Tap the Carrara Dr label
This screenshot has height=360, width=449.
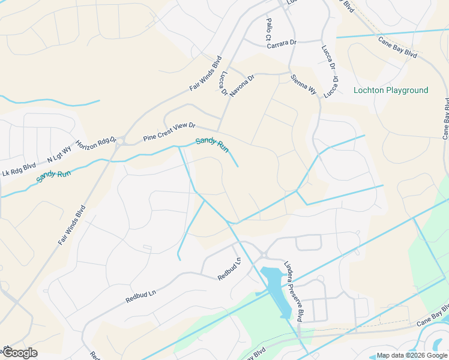click(x=282, y=43)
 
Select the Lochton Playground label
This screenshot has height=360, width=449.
click(x=391, y=91)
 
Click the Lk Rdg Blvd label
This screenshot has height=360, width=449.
click(x=19, y=168)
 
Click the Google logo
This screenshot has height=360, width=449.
click(x=20, y=353)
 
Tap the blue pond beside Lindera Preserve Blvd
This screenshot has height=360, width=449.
click(x=274, y=282)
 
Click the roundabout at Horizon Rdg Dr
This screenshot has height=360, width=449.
click(x=119, y=143)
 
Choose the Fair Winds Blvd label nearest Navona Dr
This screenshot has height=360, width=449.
click(x=206, y=74)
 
